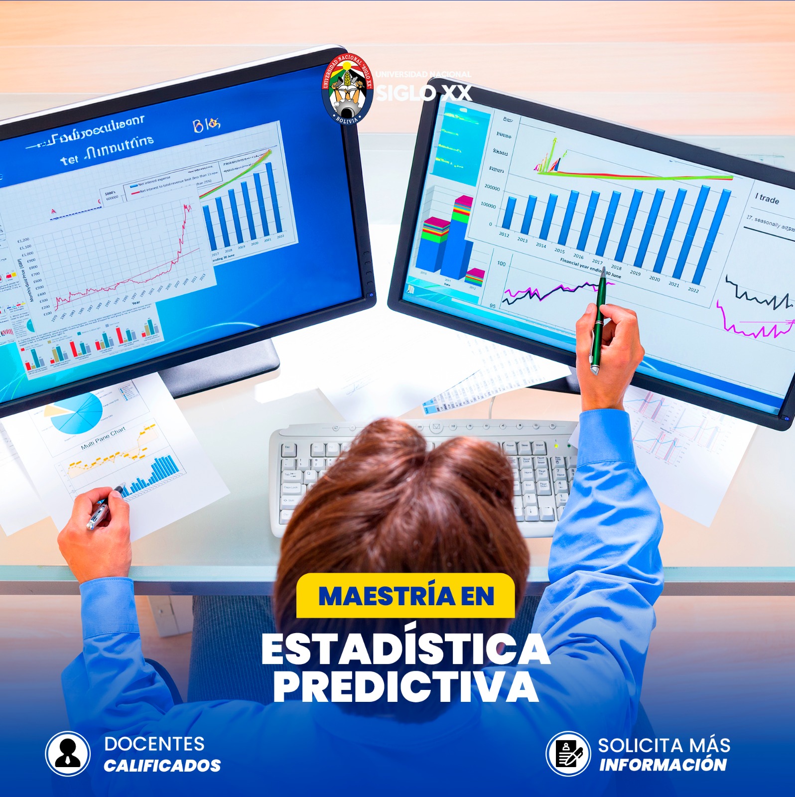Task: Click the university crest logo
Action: click(347, 89)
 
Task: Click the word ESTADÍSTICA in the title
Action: click(405, 650)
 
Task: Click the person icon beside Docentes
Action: click(68, 754)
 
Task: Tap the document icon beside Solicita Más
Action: click(568, 754)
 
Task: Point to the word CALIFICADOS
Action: click(162, 766)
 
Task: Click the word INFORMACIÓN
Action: click(663, 765)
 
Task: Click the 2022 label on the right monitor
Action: click(693, 290)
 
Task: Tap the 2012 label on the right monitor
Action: click(504, 234)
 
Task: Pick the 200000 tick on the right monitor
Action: click(492, 188)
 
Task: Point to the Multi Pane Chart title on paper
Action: click(103, 438)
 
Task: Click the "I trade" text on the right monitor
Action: click(767, 199)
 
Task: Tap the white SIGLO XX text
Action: click(423, 93)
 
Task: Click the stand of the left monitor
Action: click(224, 366)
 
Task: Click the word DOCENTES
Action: click(154, 744)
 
